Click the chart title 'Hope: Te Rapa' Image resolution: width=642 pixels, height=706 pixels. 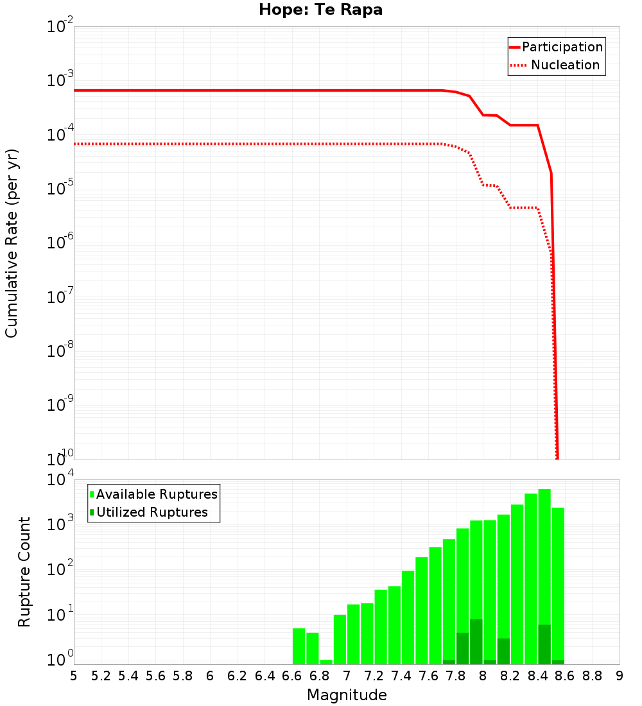[x=320, y=10]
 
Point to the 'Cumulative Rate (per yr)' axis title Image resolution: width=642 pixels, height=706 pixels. [x=12, y=243]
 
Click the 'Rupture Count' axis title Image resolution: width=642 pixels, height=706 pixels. [x=24, y=572]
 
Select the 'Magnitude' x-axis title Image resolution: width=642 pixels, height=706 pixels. [x=347, y=694]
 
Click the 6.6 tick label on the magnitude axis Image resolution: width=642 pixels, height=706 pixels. [x=292, y=675]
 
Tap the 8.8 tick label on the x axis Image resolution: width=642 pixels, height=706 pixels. [x=592, y=675]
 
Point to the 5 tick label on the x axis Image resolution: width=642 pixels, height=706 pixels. [x=74, y=675]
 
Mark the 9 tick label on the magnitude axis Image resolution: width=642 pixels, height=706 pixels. [x=619, y=675]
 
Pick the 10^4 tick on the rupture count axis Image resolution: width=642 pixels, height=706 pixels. [x=62, y=481]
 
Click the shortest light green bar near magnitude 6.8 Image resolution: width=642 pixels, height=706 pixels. [x=326, y=662]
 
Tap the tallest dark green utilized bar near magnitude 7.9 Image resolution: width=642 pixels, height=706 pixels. [x=476, y=642]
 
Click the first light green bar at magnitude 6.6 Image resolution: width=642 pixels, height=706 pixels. [x=299, y=646]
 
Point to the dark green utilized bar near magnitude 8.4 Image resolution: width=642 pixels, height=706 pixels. [x=544, y=644]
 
